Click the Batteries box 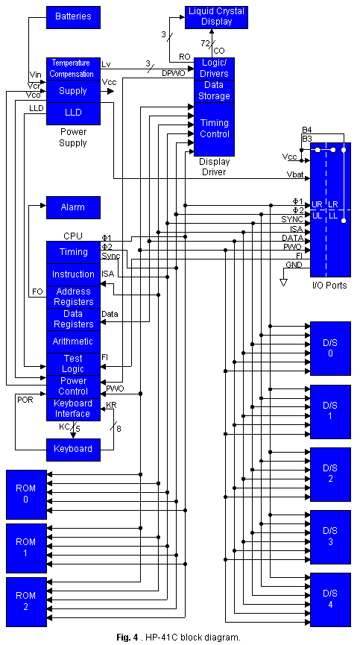[73, 16]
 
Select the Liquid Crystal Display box [215, 16]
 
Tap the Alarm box [73, 207]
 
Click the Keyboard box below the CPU [73, 449]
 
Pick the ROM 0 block [25, 494]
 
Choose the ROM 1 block [25, 547]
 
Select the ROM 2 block [25, 601]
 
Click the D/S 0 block [329, 348]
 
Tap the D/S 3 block [329, 536]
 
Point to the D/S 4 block [329, 599]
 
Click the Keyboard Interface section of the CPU [73, 409]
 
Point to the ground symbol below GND [282, 281]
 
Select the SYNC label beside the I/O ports [292, 219]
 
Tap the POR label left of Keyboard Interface [25, 399]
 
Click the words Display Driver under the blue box [213, 166]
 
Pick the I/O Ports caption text [329, 286]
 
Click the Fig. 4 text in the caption [127, 637]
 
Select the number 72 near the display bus [205, 43]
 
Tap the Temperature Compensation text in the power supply [73, 69]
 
